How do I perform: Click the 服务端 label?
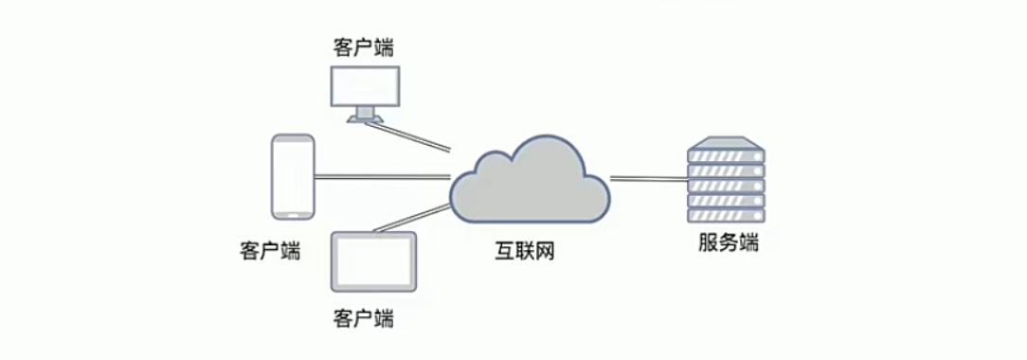click(x=728, y=243)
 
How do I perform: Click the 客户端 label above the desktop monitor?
click(x=364, y=47)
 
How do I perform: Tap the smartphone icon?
click(x=293, y=176)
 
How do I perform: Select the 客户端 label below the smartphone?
click(x=270, y=252)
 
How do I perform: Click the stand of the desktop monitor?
click(x=366, y=117)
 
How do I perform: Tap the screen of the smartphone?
click(x=293, y=175)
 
